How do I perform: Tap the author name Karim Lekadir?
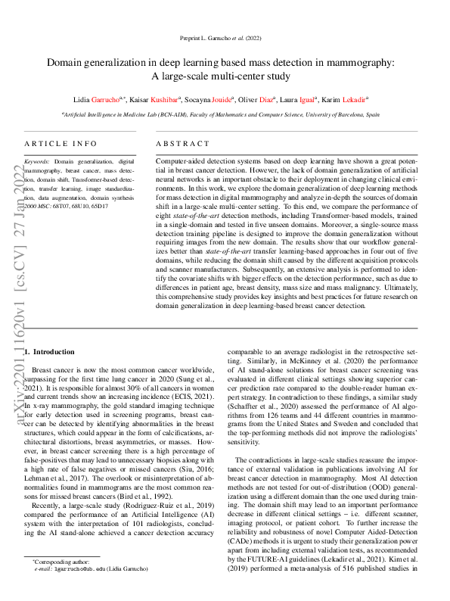pyautogui.click(x=343, y=98)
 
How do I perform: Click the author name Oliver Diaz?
pyautogui.click(x=258, y=98)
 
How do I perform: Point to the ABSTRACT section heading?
pyautogui.click(x=182, y=143)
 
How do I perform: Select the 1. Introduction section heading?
pyautogui.click(x=50, y=352)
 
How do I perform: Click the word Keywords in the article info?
pyautogui.click(x=37, y=161)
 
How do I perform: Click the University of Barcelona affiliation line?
pyautogui.click(x=225, y=114)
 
